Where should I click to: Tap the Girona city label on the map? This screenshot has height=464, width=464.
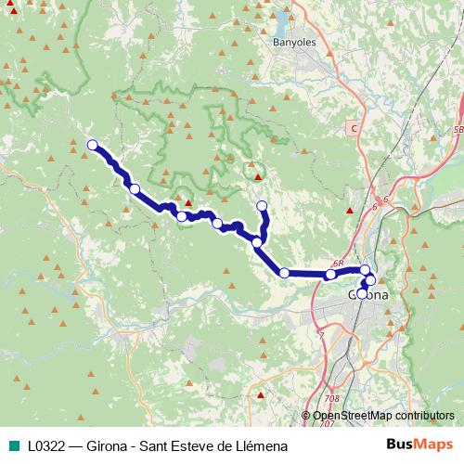[368, 294]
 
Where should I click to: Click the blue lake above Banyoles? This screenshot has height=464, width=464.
[281, 19]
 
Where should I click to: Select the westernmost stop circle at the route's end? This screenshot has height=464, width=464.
[93, 144]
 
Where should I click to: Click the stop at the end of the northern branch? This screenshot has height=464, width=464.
[262, 205]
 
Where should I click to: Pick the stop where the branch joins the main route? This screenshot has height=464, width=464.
[257, 243]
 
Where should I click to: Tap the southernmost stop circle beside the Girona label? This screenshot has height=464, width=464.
[362, 293]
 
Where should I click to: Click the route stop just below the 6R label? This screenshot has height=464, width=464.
[330, 274]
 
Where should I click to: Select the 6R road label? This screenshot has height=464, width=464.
[337, 264]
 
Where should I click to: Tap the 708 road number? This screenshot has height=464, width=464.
[333, 399]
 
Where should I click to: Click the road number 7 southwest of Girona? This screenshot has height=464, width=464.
[321, 335]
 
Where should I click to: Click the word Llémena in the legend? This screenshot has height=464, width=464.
[261, 445]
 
